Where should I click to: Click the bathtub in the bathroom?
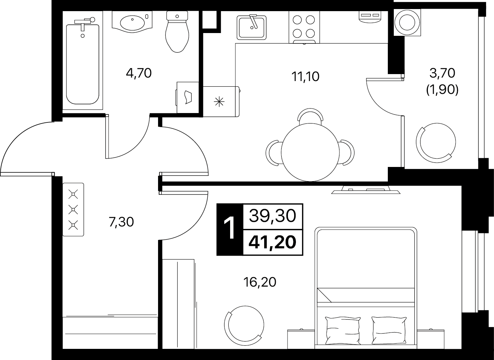point(83,64)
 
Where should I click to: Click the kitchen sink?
point(251,27)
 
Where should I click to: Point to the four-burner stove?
point(304,27)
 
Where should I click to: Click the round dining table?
point(310,152)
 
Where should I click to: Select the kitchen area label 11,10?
point(305,77)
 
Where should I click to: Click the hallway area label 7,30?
point(121,222)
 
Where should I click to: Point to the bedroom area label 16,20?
point(260,282)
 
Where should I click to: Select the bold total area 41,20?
point(272,242)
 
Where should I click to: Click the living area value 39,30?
point(272,216)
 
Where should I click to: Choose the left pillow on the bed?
point(343,331)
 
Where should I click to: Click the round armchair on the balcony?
point(436,143)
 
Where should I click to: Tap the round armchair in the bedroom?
point(244,326)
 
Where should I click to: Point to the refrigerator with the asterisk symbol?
point(221,101)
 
